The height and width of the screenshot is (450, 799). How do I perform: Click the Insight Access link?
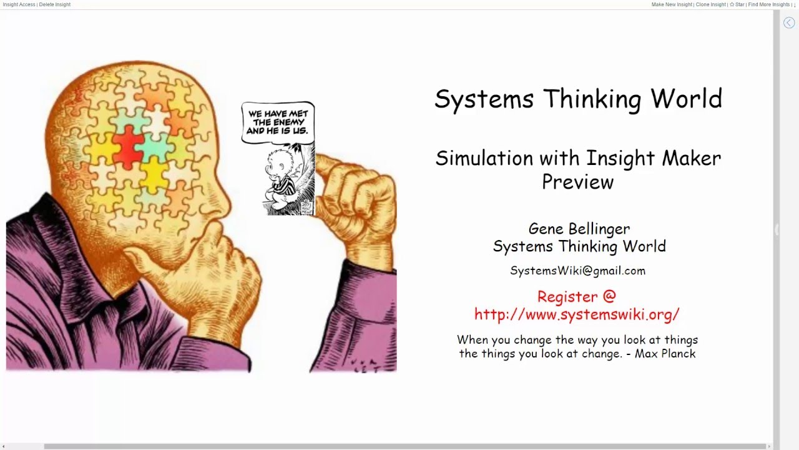(19, 4)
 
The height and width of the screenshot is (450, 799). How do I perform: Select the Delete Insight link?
(54, 4)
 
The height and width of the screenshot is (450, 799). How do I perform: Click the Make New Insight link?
(672, 4)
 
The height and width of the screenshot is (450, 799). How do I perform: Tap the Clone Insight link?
(710, 4)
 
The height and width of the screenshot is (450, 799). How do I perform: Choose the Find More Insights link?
(768, 4)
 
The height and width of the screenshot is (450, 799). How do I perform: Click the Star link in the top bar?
(737, 4)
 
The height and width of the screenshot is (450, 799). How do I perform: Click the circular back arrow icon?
(789, 22)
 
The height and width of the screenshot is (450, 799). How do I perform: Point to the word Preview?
(577, 182)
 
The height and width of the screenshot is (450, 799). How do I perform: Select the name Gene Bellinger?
(579, 229)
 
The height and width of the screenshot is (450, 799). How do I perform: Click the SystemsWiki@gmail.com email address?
(577, 271)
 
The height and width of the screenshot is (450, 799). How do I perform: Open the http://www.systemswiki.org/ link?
(576, 314)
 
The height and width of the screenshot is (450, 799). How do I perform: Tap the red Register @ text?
(576, 296)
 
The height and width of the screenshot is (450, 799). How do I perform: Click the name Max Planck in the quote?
(665, 354)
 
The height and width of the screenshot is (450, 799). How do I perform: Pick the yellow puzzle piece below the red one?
(153, 174)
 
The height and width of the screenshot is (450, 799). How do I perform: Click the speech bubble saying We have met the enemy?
(278, 122)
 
